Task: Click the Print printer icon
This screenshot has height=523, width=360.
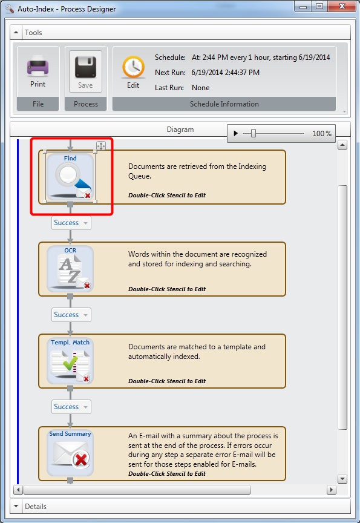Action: pyautogui.click(x=38, y=65)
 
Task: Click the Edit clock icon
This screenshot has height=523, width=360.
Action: pyautogui.click(x=133, y=67)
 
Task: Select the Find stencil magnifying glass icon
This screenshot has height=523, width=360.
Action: pyautogui.click(x=70, y=177)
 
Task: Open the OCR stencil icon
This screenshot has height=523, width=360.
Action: pyautogui.click(x=70, y=269)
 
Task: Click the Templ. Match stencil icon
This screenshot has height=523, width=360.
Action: pyautogui.click(x=70, y=361)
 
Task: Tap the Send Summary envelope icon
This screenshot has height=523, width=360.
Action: pyautogui.click(x=70, y=453)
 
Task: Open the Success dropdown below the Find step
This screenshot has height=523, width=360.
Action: pyautogui.click(x=71, y=223)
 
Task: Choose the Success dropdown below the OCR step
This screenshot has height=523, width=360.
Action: pyautogui.click(x=71, y=315)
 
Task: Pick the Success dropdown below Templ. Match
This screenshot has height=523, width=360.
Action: pyautogui.click(x=71, y=407)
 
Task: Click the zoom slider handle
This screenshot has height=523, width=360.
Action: pyautogui.click(x=254, y=133)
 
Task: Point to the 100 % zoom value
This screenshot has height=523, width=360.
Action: pyautogui.click(x=322, y=134)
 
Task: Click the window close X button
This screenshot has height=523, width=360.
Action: pyautogui.click(x=342, y=6)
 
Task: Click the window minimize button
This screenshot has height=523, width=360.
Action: pyautogui.click(x=303, y=7)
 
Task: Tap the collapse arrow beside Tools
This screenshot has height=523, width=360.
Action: pyautogui.click(x=16, y=32)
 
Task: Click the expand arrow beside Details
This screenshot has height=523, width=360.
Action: pyautogui.click(x=16, y=506)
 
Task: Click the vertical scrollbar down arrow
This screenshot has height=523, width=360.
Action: pyautogui.click(x=342, y=479)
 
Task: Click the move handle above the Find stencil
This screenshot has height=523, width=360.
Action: pyautogui.click(x=101, y=145)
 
